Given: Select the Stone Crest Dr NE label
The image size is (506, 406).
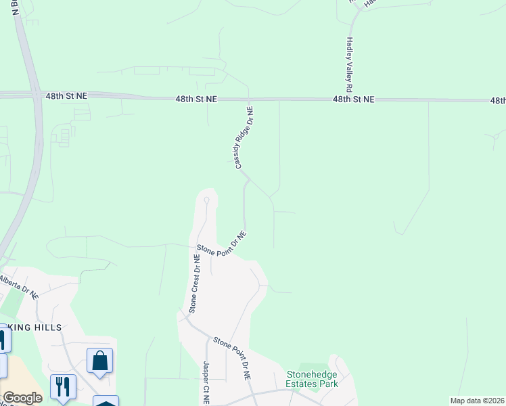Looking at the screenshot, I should click(195, 284).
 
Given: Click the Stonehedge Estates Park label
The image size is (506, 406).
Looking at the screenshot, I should click(312, 378).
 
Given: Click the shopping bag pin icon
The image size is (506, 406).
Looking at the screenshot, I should click(99, 361).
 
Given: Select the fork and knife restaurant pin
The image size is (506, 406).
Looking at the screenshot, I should click(63, 387).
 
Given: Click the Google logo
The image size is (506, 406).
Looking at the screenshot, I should click(22, 398).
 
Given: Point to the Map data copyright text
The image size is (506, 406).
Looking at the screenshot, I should click(477, 401).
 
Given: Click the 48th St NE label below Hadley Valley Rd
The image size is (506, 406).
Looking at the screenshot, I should click(353, 99).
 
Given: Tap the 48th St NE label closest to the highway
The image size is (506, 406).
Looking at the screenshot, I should click(67, 97).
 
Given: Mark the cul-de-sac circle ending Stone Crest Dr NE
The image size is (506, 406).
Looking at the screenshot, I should click(206, 200).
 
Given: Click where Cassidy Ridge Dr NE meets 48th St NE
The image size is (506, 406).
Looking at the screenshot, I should click(249, 99).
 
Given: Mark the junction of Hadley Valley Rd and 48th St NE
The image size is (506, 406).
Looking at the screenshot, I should click(346, 99).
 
